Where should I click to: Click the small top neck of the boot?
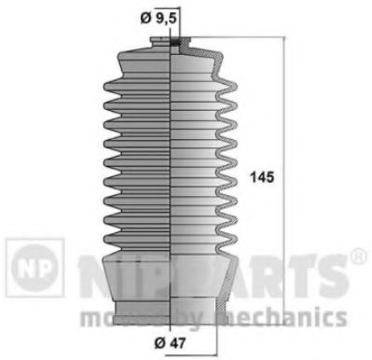[x=172, y=41]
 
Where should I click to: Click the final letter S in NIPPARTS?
[x=325, y=271]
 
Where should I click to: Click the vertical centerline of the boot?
[x=172, y=168]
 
